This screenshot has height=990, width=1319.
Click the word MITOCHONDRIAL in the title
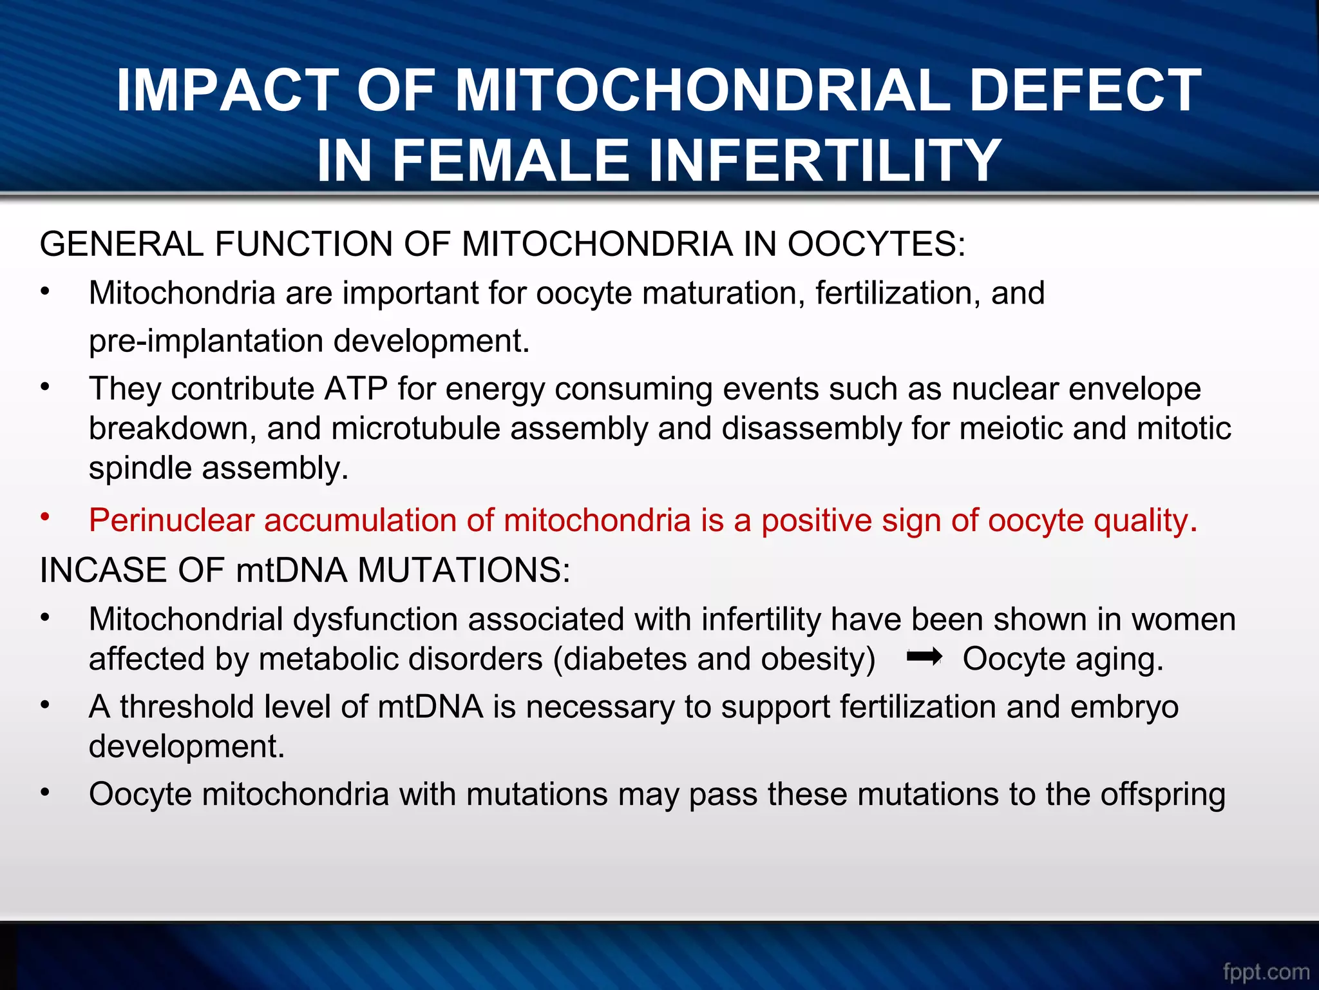point(702,90)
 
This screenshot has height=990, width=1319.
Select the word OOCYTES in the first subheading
point(876,244)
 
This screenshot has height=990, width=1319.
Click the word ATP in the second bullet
point(356,389)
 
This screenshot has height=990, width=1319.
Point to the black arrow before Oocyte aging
point(924,657)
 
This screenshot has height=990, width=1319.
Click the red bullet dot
point(44,517)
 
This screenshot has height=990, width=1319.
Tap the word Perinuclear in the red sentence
point(171,520)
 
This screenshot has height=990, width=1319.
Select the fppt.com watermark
point(1266,971)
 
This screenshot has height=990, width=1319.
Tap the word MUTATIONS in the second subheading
point(464,570)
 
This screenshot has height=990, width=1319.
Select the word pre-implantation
point(205,341)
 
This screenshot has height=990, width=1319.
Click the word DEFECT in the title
point(1085,90)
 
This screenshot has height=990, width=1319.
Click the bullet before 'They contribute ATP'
point(44,387)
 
